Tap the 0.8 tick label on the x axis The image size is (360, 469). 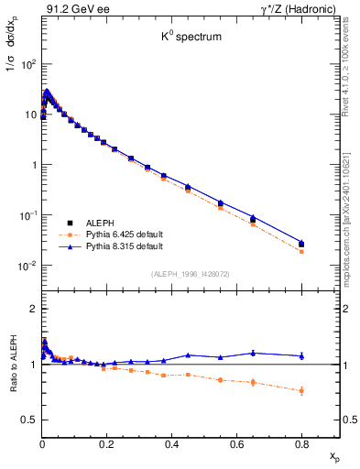pyautogui.click(x=301, y=442)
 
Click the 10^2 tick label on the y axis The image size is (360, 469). pyautogui.click(x=28, y=65)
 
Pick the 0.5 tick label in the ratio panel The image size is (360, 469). pyautogui.click(x=29, y=420)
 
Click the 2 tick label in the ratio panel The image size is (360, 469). pyautogui.click(x=33, y=310)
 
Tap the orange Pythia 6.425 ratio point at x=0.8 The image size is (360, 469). pyautogui.click(x=301, y=390)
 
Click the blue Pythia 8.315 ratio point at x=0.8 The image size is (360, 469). pyautogui.click(x=301, y=355)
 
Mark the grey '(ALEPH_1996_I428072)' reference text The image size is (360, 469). pyautogui.click(x=189, y=274)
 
